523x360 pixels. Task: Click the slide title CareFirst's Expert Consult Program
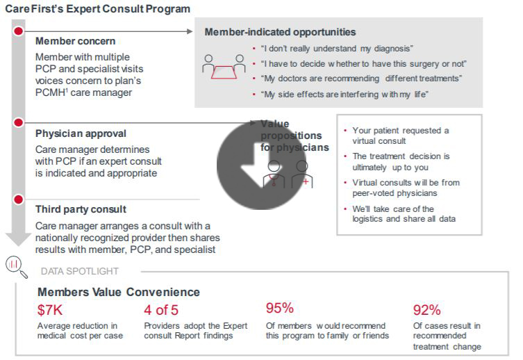[x=97, y=9]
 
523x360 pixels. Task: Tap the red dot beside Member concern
[x=19, y=31]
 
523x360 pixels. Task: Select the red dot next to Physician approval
[x=19, y=123]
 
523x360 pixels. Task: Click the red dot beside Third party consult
[x=19, y=200]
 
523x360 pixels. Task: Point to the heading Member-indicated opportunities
[x=280, y=32]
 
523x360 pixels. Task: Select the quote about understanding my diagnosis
[x=337, y=49]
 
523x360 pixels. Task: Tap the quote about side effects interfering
[x=344, y=94]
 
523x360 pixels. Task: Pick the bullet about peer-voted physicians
[x=395, y=188]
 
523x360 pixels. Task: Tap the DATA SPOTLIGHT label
[x=80, y=271]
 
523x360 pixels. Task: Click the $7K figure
[x=50, y=310]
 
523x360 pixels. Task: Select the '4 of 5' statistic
[x=161, y=310]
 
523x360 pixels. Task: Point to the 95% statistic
[x=279, y=308]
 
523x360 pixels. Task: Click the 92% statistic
[x=426, y=310]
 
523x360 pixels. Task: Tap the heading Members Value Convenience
[x=119, y=292]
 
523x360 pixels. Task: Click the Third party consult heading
[x=81, y=209]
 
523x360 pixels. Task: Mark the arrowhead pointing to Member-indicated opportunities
[x=190, y=31]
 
